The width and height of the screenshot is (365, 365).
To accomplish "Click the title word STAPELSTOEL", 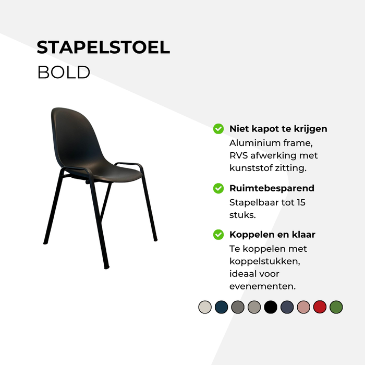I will (x=103, y=47).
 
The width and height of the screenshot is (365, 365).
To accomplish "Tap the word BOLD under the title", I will (x=64, y=72).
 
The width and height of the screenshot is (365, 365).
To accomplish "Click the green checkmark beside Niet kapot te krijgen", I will (x=218, y=129).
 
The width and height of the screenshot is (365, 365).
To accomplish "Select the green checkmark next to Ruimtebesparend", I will (x=218, y=188).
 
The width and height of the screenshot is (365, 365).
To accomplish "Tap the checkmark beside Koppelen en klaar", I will (x=218, y=235).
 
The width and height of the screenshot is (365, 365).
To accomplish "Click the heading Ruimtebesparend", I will (x=272, y=188).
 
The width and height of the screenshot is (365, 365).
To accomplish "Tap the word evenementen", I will (x=262, y=286).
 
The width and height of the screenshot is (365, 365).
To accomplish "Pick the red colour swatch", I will (x=320, y=307).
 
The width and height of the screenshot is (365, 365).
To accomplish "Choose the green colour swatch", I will (x=336, y=307).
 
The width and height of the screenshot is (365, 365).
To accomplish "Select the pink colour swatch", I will (x=303, y=307).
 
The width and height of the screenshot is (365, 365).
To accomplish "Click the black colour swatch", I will (x=271, y=307).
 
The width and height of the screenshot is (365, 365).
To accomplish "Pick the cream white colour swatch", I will (x=205, y=307).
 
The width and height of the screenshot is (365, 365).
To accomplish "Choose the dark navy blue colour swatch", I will (x=221, y=307).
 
